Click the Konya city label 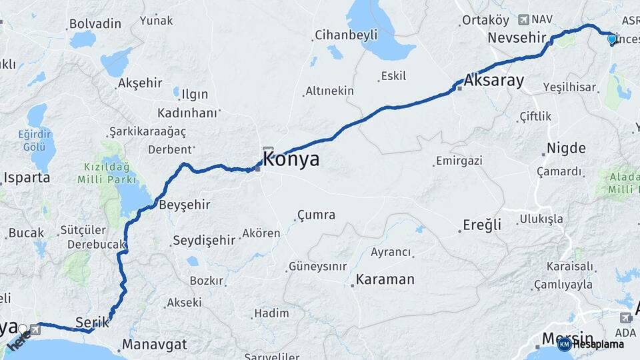(291, 159)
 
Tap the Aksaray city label (493, 81)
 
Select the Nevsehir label (517, 38)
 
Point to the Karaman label (385, 279)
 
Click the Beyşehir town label (184, 205)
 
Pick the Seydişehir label (204, 240)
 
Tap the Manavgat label (155, 346)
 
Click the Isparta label (27, 178)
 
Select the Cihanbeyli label (346, 35)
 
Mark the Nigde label (566, 148)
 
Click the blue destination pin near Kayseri (612, 39)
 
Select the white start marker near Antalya (23, 329)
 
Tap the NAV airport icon (524, 20)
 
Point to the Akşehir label (140, 83)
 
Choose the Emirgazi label (458, 161)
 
